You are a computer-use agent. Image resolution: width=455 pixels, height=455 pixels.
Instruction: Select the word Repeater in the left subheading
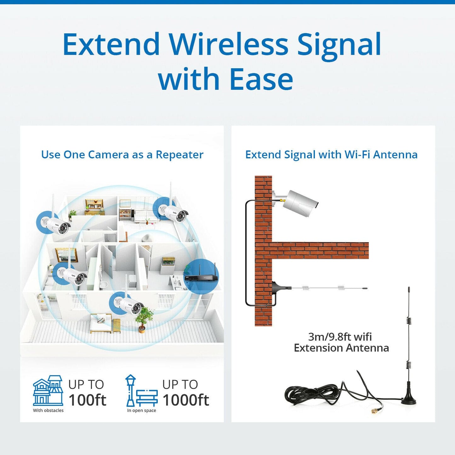pyautogui.click(x=179, y=155)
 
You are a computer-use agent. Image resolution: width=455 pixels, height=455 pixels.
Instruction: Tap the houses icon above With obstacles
pyautogui.click(x=48, y=390)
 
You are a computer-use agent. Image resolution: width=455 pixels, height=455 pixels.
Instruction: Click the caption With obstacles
pyautogui.click(x=48, y=410)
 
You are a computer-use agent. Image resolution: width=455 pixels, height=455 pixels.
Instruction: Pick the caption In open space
pyautogui.click(x=141, y=411)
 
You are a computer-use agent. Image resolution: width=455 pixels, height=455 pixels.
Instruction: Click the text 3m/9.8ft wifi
pyautogui.click(x=340, y=337)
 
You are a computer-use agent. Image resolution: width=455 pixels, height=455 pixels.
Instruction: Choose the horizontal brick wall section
pyautogui.click(x=320, y=250)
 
